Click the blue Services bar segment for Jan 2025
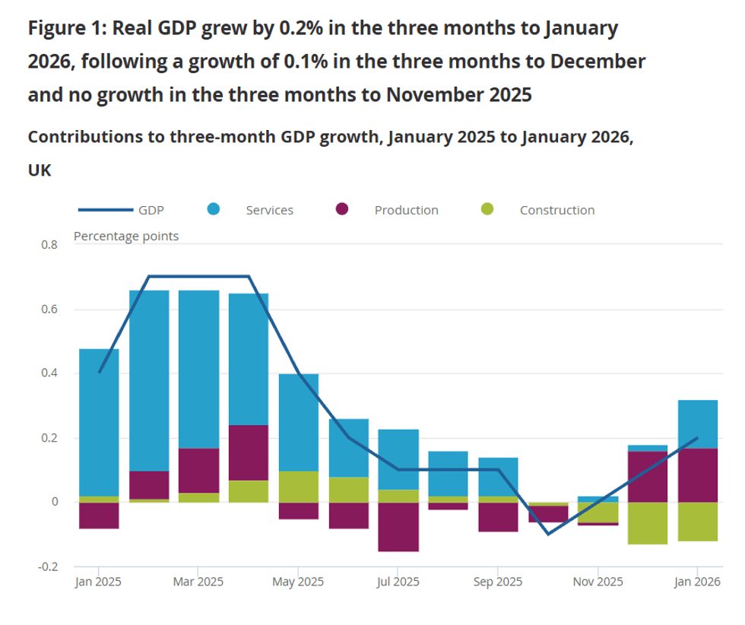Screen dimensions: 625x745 [x=99, y=422]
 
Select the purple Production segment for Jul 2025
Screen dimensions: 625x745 [x=398, y=527]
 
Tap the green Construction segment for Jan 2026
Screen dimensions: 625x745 [x=697, y=522]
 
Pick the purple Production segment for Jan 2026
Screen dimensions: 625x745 [x=697, y=475]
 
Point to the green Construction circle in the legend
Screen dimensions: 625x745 [x=487, y=210]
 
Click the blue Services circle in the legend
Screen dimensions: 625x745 [x=214, y=210]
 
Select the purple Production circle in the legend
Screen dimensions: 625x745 [x=342, y=210]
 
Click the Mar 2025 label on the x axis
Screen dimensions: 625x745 [x=198, y=582]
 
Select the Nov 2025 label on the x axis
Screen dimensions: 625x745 [x=597, y=582]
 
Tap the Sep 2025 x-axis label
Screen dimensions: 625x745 [x=497, y=582]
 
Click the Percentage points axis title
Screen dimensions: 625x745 [x=126, y=236]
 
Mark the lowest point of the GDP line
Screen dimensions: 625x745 [x=547, y=534]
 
